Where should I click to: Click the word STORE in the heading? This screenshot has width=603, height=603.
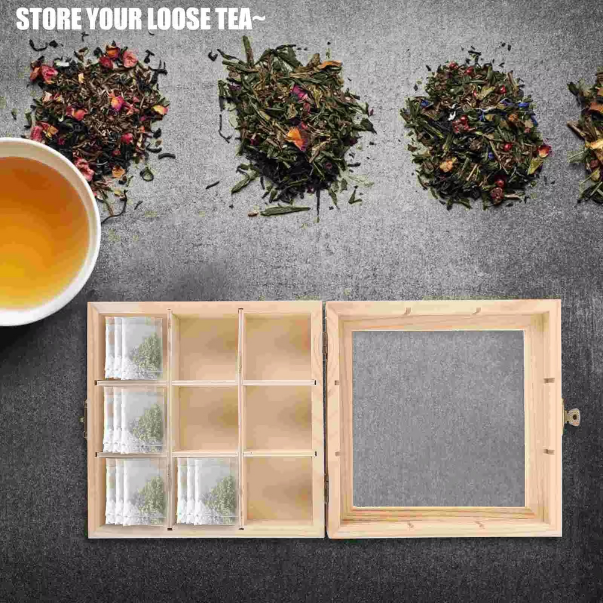coord(49,19)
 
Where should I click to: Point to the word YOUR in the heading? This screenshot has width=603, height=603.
coord(115,19)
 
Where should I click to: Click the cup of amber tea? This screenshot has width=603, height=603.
coord(42,231)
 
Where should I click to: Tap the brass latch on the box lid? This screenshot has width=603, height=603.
coord(572,417)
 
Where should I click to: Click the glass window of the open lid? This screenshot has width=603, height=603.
coord(438,418)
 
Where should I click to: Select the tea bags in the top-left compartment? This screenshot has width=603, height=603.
coord(134,348)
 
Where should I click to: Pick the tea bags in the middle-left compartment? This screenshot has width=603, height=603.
coord(134,420)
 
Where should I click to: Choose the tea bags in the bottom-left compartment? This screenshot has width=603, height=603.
coord(135,491)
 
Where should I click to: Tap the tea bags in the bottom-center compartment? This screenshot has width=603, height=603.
coord(207,491)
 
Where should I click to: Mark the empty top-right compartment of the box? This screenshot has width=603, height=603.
coord(277,347)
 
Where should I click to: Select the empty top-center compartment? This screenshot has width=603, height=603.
coord(205,347)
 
